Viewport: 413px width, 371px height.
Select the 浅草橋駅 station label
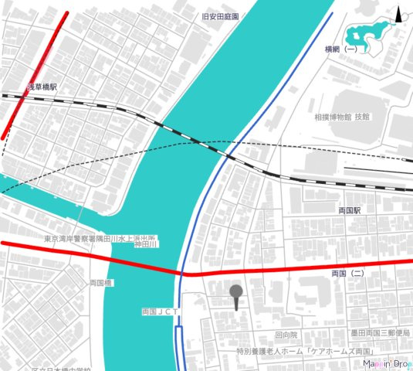42,88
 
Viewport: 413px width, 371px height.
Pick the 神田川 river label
146,244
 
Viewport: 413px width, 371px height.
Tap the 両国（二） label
347,274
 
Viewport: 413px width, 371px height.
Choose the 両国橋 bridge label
101,283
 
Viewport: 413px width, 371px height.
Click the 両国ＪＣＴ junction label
161,311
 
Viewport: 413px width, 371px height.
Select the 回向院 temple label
286,335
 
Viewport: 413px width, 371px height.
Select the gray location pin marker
236,293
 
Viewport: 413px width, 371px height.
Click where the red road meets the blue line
185,274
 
